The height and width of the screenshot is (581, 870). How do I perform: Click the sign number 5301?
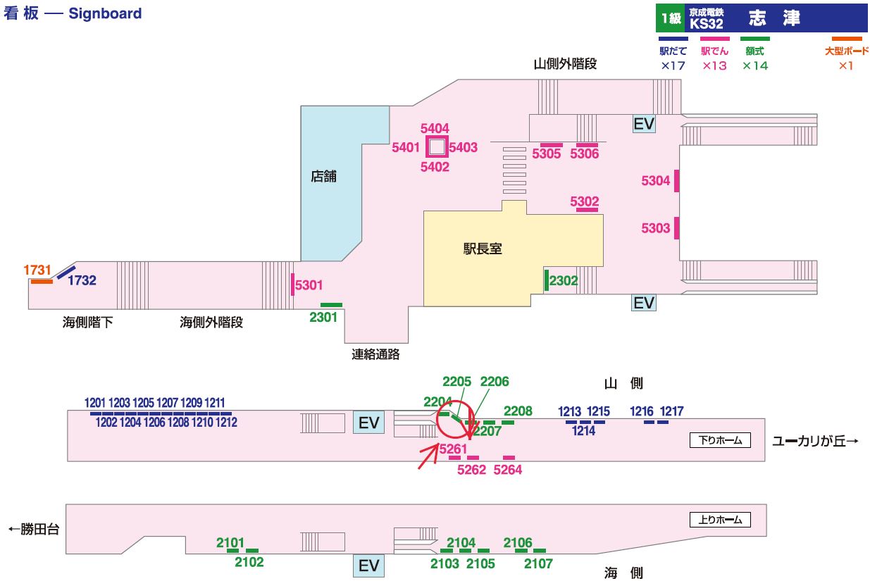309,285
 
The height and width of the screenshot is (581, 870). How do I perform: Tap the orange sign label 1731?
37,270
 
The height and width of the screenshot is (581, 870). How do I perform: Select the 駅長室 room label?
483,249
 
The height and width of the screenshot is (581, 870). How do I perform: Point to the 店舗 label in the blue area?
323,177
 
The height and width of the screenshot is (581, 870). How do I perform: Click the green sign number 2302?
564,280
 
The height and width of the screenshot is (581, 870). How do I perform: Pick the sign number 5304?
656,181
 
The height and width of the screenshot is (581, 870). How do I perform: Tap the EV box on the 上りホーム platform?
369,566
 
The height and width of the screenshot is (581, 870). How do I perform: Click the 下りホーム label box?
720,441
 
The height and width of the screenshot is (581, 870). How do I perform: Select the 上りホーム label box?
720,520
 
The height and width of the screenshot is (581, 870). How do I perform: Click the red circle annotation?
454,420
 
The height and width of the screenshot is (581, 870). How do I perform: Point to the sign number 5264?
508,470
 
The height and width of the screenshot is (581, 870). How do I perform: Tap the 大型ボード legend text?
846,51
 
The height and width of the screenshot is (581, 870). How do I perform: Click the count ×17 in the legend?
673,65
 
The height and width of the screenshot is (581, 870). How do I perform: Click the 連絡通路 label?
375,354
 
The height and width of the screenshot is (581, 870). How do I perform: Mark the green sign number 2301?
323,317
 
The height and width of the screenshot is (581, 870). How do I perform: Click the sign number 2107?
538,563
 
